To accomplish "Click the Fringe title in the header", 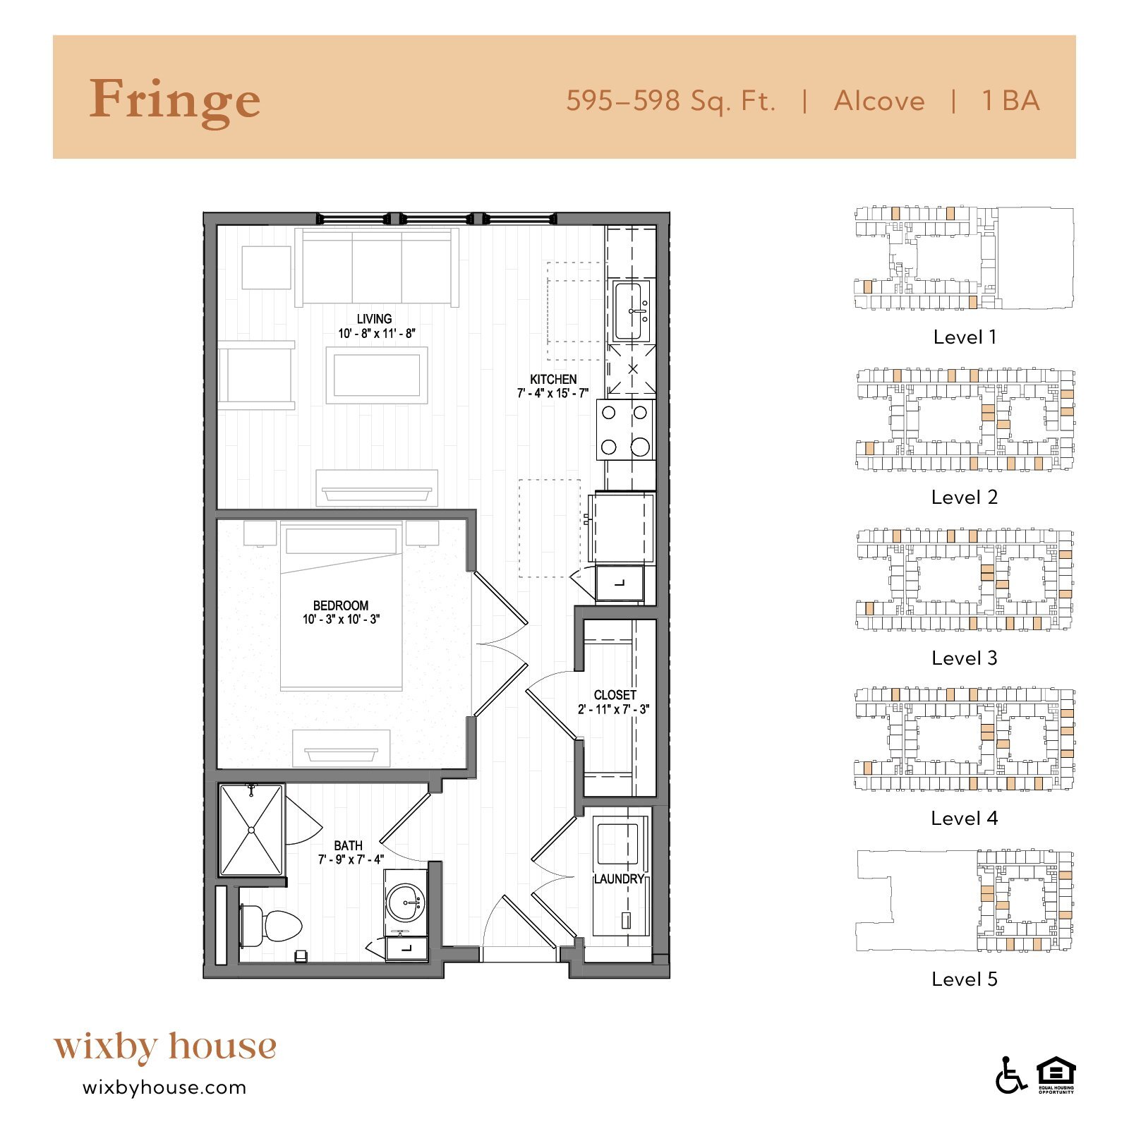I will pos(174,101).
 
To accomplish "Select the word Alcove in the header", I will pos(879,101).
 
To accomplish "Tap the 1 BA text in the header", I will pos(1010,101).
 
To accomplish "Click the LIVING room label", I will pos(374,319).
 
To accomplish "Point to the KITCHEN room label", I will pos(553,379).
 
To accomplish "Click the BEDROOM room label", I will pos(341,605).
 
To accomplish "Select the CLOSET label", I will pos(615,695).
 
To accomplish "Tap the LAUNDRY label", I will pos(619,879).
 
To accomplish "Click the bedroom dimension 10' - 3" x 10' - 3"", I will pos(342,620).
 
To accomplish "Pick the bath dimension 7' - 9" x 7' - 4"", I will pos(351,859).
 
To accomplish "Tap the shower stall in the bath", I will pos(251,830).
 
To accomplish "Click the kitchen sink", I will pos(631,311).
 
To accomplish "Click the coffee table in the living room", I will pos(376,375).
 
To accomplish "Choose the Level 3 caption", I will pos(964,658).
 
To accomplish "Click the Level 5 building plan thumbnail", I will pos(964,901).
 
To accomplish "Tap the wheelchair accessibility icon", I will pos(1010,1076).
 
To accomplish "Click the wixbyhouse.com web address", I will pos(164,1087).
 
